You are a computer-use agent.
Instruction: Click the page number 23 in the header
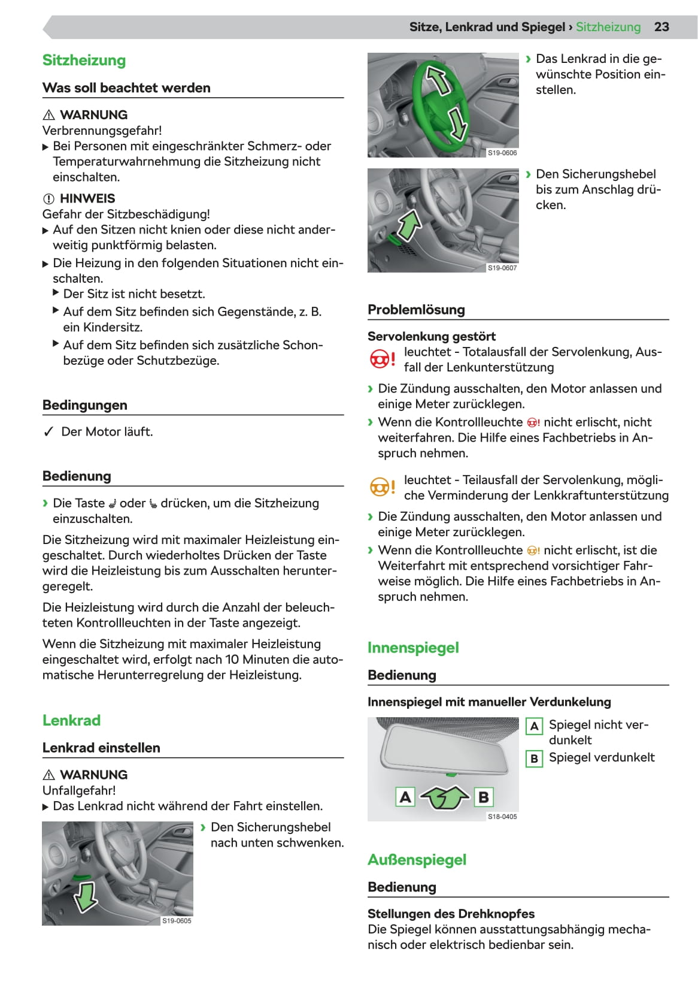coord(661,27)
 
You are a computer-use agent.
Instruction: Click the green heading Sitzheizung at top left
coord(84,61)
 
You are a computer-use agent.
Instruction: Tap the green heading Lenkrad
coord(71,720)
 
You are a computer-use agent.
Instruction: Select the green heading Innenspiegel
coord(413,648)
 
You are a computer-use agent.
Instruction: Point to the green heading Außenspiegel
coord(417,860)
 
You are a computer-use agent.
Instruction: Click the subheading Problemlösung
coord(416,310)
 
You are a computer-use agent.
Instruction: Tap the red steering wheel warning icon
coord(382,359)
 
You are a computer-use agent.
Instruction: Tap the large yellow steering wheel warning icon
coord(382,487)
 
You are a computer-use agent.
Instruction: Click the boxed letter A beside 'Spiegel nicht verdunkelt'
coord(534,726)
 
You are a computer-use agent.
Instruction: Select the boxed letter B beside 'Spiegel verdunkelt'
coord(534,759)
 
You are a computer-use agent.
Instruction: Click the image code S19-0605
coord(177,921)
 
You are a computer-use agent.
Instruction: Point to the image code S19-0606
coord(502,153)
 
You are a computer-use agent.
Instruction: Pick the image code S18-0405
coord(502,817)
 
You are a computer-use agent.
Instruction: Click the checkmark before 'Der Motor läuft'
coord(49,432)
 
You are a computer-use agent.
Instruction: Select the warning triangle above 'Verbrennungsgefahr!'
coord(49,115)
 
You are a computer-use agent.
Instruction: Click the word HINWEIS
coord(87,199)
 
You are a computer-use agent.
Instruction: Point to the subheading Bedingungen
coord(85,405)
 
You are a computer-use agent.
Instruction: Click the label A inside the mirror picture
coord(405,797)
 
